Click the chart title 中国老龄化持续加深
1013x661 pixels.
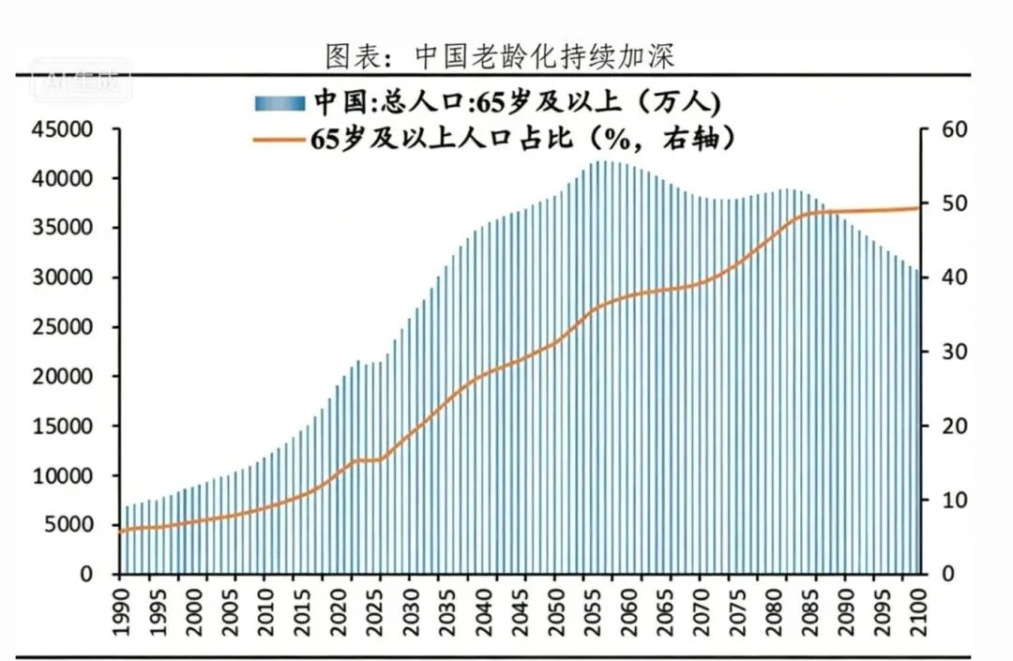[x=500, y=55]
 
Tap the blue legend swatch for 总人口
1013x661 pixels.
[x=279, y=101]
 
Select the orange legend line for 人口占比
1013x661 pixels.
[x=279, y=139]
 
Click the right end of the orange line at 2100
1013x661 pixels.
[x=918, y=208]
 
